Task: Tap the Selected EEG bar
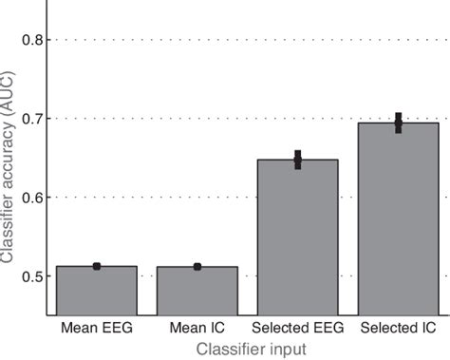coord(297,237)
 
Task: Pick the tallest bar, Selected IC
coord(398,218)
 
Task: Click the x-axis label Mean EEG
coord(97,329)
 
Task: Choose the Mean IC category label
coord(197,329)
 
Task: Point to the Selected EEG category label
coord(297,329)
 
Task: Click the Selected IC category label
coord(398,329)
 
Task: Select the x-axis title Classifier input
coord(251,349)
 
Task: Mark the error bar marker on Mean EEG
coord(97,266)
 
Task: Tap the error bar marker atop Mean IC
coord(197,267)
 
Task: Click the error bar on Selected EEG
coord(297,160)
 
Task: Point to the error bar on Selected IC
coord(398,123)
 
